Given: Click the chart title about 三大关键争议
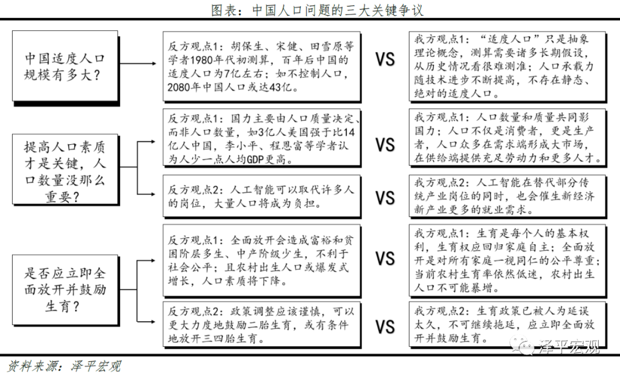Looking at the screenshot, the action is (317, 10).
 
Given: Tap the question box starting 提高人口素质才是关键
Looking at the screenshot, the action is (65, 170).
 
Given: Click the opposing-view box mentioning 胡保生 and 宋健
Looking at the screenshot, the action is (262, 67).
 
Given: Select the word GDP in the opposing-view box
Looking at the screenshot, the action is (255, 160).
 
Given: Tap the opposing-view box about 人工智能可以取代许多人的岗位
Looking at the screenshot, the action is (262, 196).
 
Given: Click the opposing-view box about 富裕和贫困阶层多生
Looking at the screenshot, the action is (262, 261).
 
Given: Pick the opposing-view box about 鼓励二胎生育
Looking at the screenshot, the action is (262, 325).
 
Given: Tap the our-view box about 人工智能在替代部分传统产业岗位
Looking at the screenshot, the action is (507, 196).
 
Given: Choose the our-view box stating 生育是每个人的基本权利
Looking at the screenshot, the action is (507, 261).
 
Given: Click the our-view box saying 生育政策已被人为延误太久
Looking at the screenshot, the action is (507, 325).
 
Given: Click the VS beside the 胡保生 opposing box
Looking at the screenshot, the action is (385, 59).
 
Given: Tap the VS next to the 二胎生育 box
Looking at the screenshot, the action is (385, 327).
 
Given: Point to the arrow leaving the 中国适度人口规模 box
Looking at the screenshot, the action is (138, 63).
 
